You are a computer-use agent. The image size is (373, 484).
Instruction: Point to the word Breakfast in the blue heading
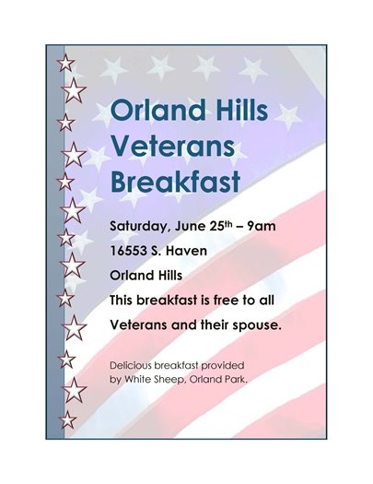(x=175, y=180)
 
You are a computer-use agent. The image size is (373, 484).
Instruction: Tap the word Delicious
(x=134, y=365)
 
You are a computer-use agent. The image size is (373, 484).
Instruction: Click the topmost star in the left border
(x=66, y=63)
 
